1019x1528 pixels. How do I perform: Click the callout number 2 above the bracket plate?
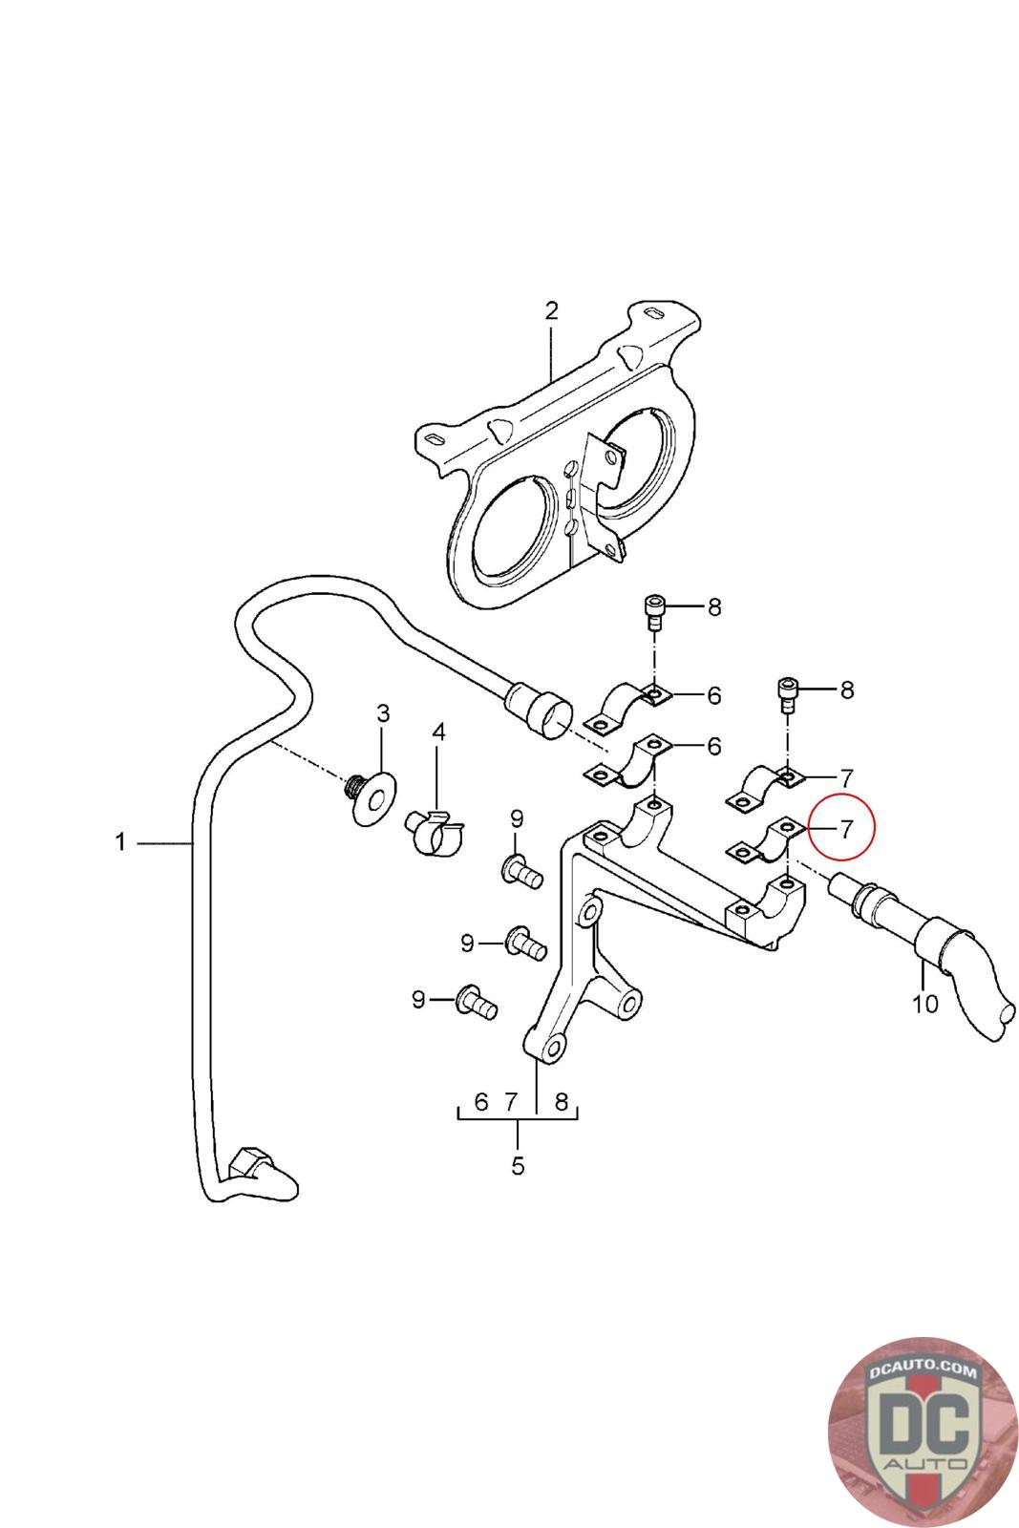coord(551,310)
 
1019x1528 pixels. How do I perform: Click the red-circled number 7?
coord(845,827)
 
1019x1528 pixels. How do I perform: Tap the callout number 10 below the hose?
coord(925,1004)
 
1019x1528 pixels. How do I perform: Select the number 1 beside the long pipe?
coord(120,842)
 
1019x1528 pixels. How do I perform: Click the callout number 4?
coord(438,732)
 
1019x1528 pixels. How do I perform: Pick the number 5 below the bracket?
coord(518,1166)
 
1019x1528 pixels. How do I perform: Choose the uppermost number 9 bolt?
coord(521,871)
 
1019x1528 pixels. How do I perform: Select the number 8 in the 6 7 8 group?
coord(562,1102)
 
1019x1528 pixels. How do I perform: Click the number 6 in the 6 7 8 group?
coord(481,1102)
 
